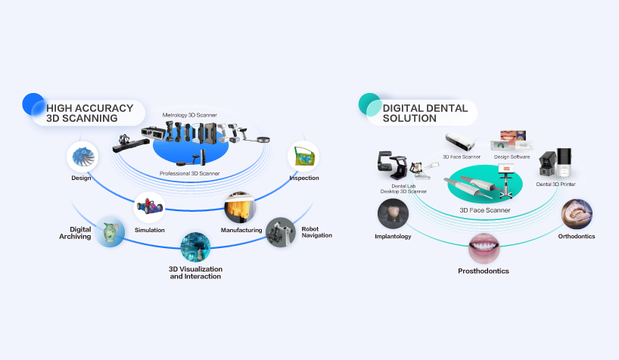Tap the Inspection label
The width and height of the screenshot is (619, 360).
(x=303, y=178)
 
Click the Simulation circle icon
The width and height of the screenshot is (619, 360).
(x=149, y=209)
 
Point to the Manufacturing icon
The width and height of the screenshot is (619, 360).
(x=241, y=206)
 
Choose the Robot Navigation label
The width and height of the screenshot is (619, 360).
(x=316, y=231)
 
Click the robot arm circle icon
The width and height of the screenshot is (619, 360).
(x=281, y=231)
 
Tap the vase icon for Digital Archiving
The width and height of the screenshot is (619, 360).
(x=110, y=231)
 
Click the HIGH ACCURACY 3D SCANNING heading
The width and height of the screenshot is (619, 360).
(x=89, y=113)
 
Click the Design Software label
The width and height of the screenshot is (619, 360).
(x=512, y=157)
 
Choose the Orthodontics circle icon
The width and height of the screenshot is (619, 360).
(x=577, y=213)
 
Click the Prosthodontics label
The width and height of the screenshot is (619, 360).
(x=483, y=271)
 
